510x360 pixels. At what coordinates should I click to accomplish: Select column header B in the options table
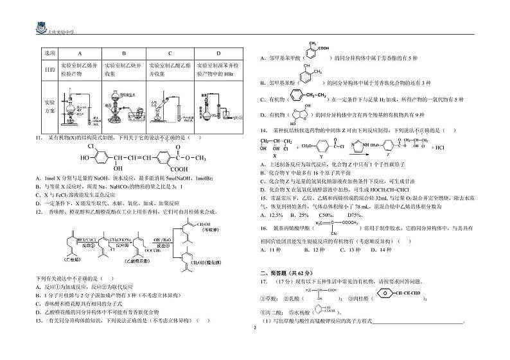(x=123, y=54)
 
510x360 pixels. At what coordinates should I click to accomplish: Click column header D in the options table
(x=218, y=54)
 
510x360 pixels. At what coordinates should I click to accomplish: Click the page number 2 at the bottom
(x=255, y=327)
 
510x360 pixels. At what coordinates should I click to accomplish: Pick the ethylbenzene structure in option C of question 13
(x=306, y=98)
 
